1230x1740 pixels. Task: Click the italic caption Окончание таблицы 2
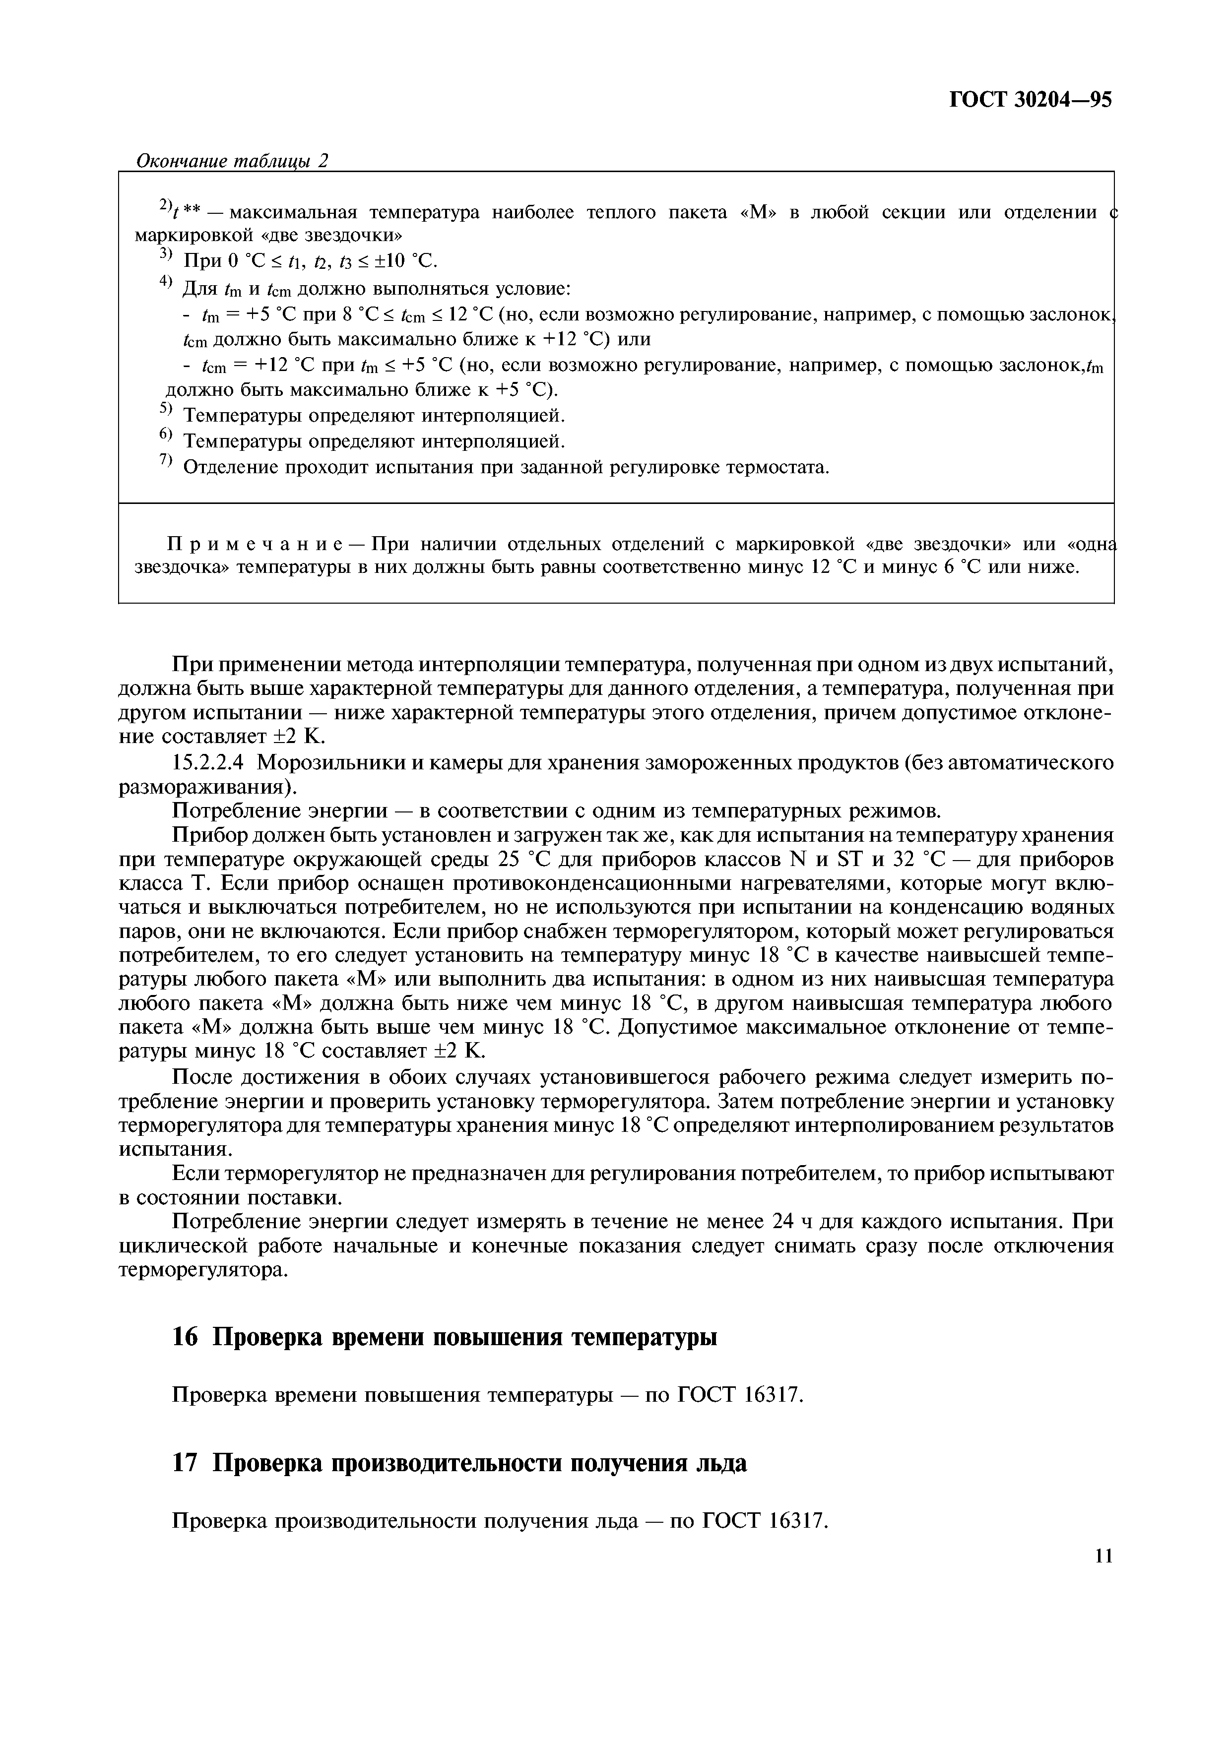tap(232, 161)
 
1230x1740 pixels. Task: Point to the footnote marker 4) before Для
tap(166, 284)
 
